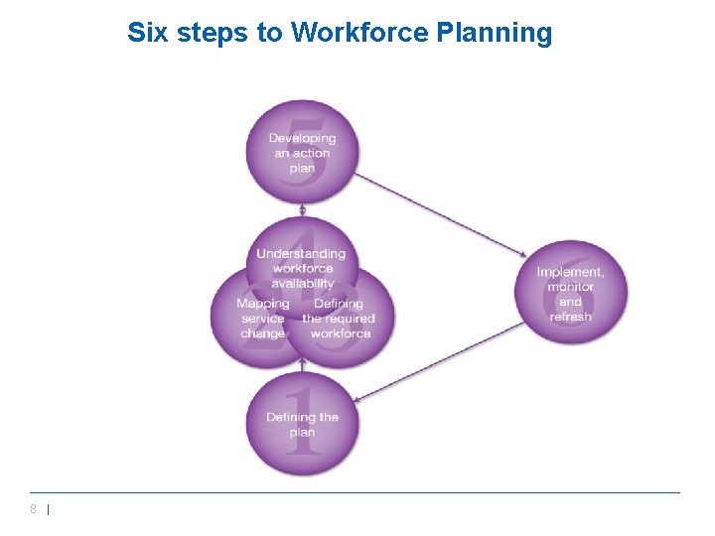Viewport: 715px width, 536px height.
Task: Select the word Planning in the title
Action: coord(495,33)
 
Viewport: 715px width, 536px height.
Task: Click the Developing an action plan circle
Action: coord(303,152)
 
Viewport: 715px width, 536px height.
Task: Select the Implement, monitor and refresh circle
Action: coord(571,293)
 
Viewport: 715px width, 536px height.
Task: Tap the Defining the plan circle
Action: coord(303,424)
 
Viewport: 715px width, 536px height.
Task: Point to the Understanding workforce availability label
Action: coord(302,268)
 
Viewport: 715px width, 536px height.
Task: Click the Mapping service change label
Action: coord(263,318)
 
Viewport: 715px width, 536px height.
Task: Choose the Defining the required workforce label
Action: coord(339,318)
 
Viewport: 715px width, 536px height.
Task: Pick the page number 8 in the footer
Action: coord(34,509)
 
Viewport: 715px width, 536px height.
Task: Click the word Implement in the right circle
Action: coord(570,272)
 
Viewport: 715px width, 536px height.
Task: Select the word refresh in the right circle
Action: coord(570,317)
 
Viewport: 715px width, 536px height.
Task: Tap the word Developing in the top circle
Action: coord(303,138)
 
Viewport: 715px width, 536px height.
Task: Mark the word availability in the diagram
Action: coord(302,283)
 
